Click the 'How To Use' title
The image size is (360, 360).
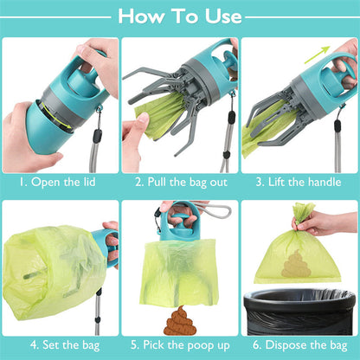tap(179, 16)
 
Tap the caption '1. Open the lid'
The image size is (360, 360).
tap(59, 183)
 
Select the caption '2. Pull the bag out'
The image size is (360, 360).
tap(179, 183)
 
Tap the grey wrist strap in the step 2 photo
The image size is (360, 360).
tap(227, 130)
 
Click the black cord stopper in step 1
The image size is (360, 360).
tap(97, 136)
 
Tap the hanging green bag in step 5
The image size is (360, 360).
tap(178, 268)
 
